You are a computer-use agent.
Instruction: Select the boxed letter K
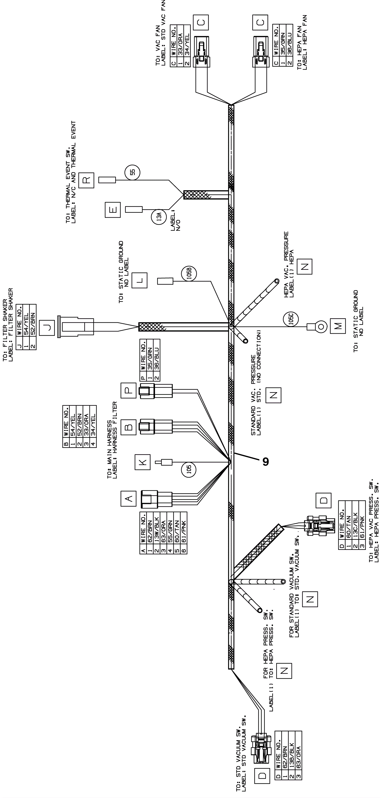tap(142, 462)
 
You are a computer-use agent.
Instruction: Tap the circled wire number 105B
tap(189, 273)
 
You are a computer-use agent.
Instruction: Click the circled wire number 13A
tap(159, 217)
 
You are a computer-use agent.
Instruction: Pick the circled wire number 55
tap(132, 173)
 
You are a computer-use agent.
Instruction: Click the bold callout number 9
tap(266, 462)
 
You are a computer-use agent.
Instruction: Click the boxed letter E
tap(113, 210)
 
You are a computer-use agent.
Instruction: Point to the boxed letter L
tap(139, 280)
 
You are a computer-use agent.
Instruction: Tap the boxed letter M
tap(337, 326)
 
